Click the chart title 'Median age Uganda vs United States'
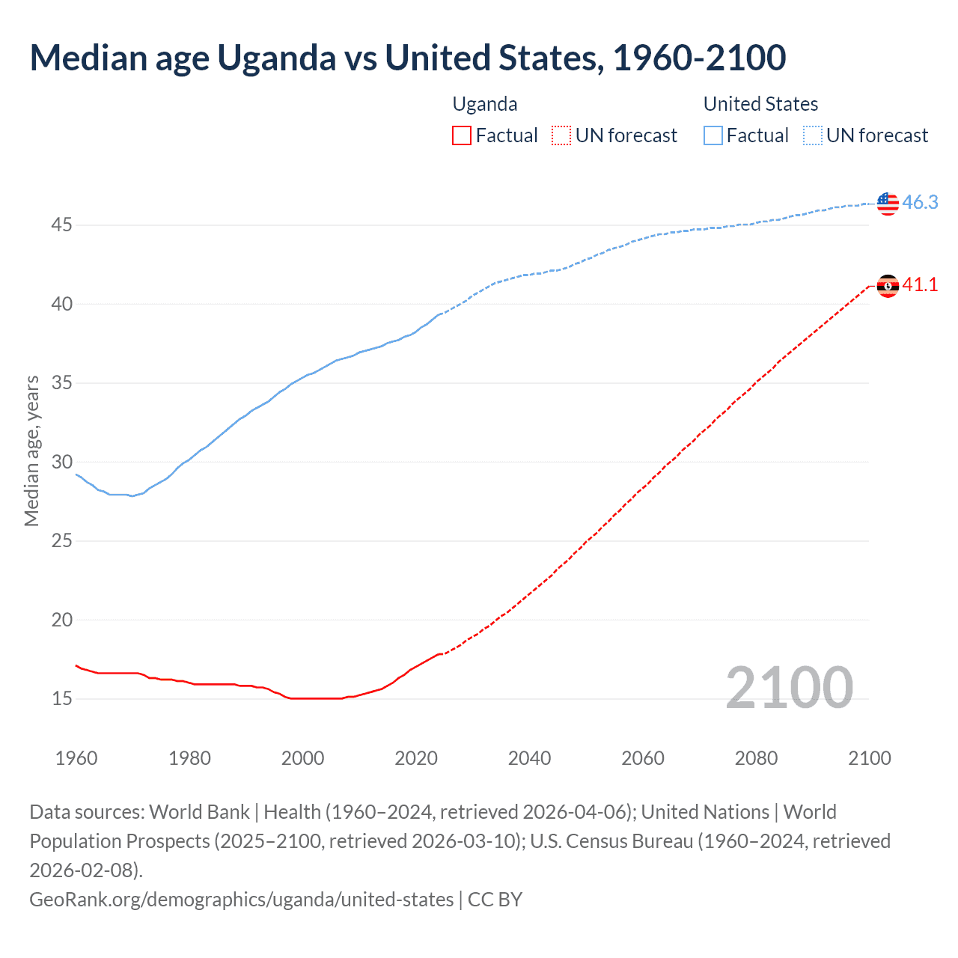(407, 58)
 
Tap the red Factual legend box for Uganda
(462, 135)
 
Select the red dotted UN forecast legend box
(561, 135)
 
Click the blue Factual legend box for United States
(713, 135)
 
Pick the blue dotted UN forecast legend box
(813, 135)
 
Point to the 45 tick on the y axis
(61, 225)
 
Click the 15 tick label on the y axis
(61, 698)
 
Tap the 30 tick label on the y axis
(61, 462)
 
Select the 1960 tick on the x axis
(76, 758)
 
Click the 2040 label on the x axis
(529, 758)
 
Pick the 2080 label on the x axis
(756, 758)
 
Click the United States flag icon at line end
(888, 203)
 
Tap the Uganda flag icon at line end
(888, 285)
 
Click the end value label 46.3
(920, 203)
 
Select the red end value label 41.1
(920, 285)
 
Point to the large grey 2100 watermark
(789, 688)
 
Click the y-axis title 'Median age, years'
(31, 451)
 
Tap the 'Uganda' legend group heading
(485, 104)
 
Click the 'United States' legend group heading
(760, 104)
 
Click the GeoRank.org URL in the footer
(241, 899)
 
